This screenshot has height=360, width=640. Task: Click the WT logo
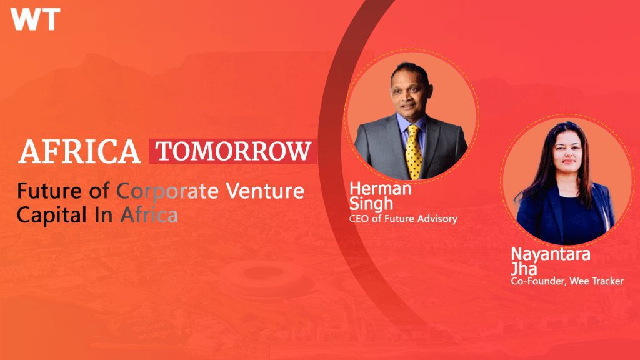tap(36, 19)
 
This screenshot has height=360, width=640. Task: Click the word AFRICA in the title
tap(79, 151)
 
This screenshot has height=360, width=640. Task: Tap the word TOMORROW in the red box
tap(234, 151)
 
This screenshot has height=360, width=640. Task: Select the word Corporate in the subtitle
tap(167, 192)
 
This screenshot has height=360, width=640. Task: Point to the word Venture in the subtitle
tap(265, 191)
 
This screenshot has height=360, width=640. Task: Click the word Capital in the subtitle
tap(52, 216)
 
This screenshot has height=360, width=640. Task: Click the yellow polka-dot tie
tap(414, 152)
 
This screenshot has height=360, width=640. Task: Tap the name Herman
tap(381, 189)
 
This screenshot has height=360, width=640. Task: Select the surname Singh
tap(371, 204)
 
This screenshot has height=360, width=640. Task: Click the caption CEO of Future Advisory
tap(403, 219)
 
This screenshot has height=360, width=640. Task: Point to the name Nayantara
tap(551, 254)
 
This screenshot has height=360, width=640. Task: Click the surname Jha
tap(524, 269)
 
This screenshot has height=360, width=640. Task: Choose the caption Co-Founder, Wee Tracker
tap(567, 281)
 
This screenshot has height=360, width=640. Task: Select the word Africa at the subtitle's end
tap(149, 215)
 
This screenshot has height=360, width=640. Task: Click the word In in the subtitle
tap(104, 215)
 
